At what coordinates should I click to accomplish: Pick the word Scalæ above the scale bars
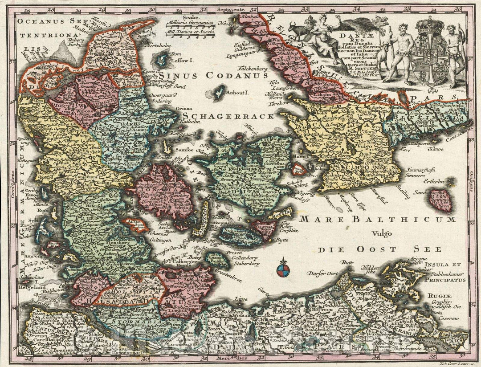(x=187, y=17)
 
